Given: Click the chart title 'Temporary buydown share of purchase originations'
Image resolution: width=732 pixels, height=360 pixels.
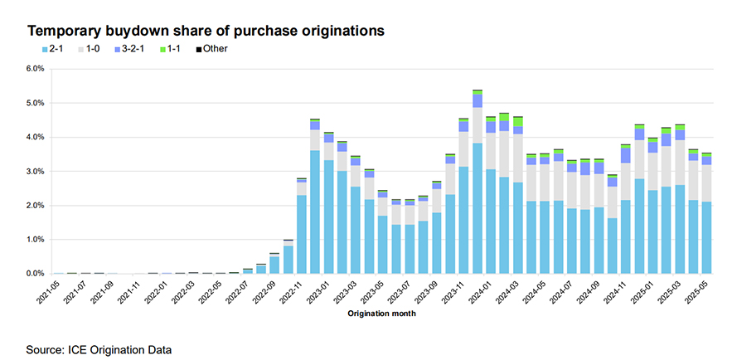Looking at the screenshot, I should (206, 31).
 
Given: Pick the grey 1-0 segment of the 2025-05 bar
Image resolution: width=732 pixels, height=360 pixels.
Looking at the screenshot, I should (706, 183).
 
